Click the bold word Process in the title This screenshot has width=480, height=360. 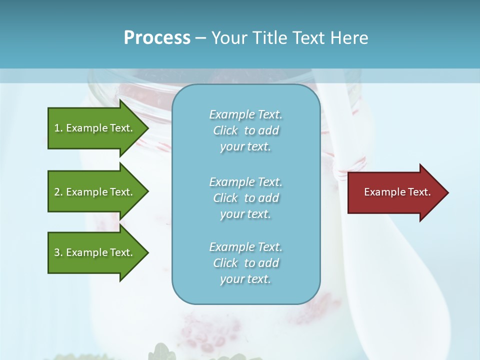157,37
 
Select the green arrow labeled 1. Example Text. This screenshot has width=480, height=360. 95,128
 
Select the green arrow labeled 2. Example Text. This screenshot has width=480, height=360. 95,192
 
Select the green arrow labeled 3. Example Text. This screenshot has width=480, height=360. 95,252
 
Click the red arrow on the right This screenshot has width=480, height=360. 395,192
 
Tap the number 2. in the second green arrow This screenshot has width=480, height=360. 58,192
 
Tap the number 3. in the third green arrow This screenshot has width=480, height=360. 58,252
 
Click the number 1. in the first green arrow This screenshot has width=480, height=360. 58,128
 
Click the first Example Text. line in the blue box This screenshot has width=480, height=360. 245,114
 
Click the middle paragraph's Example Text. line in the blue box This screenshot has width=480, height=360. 245,182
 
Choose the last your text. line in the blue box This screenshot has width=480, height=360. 245,279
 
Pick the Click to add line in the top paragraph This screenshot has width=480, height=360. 245,130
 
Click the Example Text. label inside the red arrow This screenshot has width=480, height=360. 397,192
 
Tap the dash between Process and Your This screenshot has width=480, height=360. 200,38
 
